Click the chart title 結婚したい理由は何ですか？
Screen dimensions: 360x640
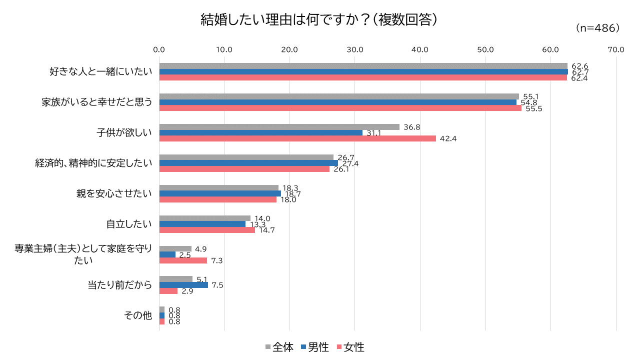pos(319,20)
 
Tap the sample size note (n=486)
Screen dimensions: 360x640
pos(597,28)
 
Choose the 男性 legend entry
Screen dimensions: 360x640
pos(314,347)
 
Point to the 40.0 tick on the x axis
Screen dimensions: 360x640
pos(420,49)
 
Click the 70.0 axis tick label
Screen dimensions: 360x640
pos(615,49)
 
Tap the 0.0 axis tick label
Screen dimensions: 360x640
pos(159,49)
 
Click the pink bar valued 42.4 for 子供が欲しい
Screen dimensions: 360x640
pos(297,138)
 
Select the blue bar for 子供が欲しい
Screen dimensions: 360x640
pos(260,132)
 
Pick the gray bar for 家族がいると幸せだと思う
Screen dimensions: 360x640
pos(339,96)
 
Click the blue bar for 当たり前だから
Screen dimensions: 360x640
pos(183,285)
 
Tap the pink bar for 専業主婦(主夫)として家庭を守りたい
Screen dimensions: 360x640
pos(182,260)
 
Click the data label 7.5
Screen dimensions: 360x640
pos(217,285)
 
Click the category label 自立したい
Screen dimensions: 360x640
pos(128,224)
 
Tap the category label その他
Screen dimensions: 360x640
pos(137,315)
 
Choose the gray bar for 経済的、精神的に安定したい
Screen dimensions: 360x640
pos(246,157)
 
